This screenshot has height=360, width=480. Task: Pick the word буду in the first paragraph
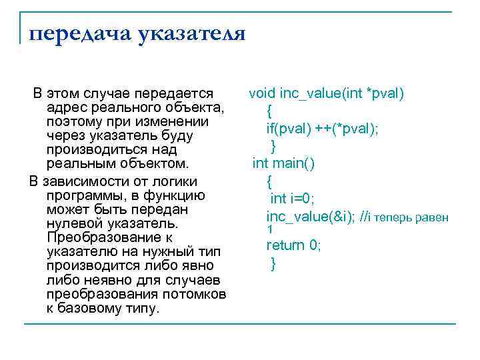[x=177, y=136]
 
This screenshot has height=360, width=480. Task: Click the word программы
[x=84, y=195]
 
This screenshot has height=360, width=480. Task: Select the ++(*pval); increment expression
[x=345, y=129]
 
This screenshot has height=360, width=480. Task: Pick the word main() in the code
[x=294, y=163]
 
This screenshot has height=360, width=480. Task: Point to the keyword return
[x=286, y=245]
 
